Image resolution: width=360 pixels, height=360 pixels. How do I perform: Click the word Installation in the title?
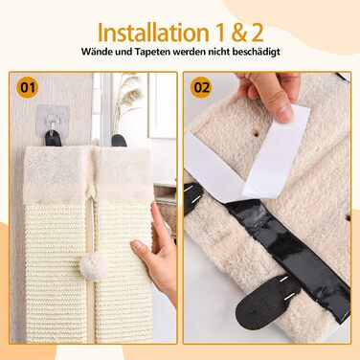click(151, 33)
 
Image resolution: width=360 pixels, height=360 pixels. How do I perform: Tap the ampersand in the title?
click(236, 33)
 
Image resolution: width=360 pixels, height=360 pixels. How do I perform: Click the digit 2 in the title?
click(258, 33)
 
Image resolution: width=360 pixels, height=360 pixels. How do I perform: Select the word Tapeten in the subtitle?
click(152, 52)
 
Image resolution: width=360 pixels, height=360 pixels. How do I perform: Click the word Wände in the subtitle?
click(94, 51)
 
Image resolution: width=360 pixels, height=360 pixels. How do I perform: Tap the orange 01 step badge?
click(28, 87)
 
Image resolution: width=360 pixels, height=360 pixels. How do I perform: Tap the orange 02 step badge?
click(201, 87)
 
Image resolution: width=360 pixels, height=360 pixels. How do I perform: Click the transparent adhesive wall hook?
click(53, 117)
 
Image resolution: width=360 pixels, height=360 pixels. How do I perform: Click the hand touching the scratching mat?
click(155, 249)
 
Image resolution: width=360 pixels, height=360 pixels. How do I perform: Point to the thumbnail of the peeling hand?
click(285, 112)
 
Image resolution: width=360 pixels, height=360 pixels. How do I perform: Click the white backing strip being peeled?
click(276, 149)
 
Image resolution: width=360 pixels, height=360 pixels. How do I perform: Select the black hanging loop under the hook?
click(53, 138)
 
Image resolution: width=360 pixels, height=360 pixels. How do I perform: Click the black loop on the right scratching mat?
click(119, 141)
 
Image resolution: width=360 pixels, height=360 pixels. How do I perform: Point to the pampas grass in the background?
click(127, 99)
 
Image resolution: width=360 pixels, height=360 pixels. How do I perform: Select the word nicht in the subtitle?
click(219, 52)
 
